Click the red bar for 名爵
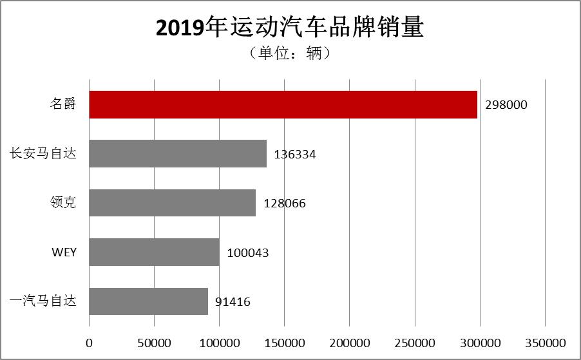283,104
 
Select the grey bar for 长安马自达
178,154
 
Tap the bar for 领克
172,203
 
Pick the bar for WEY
154,252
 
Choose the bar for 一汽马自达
148,301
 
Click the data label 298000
506,105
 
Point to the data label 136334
295,155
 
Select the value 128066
284,204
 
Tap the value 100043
247,253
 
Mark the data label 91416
233,302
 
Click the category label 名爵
63,104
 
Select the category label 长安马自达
43,154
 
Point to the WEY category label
64,252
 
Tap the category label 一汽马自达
43,301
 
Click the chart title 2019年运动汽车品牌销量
290,28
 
